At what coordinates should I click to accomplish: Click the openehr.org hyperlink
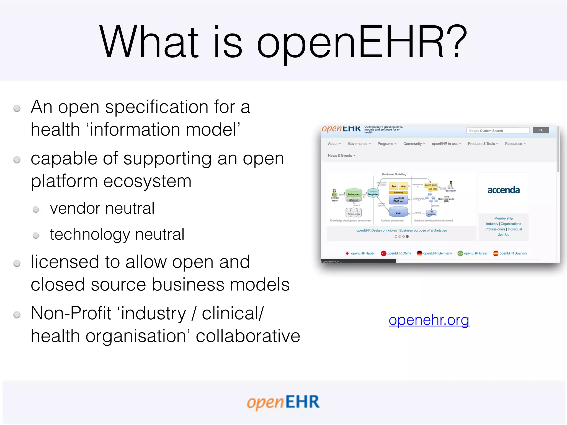pyautogui.click(x=429, y=320)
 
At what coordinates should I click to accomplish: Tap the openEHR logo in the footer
pyautogui.click(x=283, y=402)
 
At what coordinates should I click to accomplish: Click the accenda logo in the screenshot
pyautogui.click(x=503, y=190)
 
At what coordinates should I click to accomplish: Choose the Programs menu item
pyautogui.click(x=386, y=144)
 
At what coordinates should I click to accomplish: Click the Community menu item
pyautogui.click(x=414, y=144)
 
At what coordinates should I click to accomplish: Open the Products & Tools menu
pyautogui.click(x=483, y=144)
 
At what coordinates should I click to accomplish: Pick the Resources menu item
pyautogui.click(x=515, y=144)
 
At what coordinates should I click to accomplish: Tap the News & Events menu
pyautogui.click(x=341, y=156)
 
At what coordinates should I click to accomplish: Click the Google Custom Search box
pyautogui.click(x=498, y=131)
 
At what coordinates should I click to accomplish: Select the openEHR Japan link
pyautogui.click(x=363, y=253)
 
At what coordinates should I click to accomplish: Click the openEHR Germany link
pyautogui.click(x=437, y=253)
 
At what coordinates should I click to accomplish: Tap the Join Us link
pyautogui.click(x=503, y=235)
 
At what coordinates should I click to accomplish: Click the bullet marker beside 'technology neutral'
pyautogui.click(x=36, y=235)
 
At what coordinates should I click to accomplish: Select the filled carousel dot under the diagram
pyautogui.click(x=407, y=237)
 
